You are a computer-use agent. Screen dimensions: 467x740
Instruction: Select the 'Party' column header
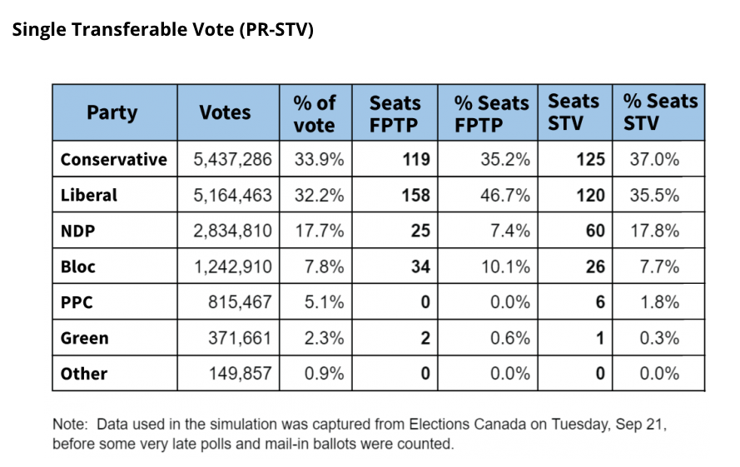click(x=112, y=112)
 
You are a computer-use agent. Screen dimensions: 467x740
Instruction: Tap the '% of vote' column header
click(x=315, y=113)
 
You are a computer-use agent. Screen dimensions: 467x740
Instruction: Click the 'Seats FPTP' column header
click(x=395, y=113)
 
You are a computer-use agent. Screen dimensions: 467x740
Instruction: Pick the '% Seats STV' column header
click(x=660, y=112)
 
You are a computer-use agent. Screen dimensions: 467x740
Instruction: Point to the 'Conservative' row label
click(x=114, y=160)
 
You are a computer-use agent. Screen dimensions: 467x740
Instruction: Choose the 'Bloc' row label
click(x=78, y=267)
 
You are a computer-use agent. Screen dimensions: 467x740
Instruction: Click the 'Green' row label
click(x=85, y=339)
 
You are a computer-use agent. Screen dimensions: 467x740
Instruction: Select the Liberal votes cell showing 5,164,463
click(x=232, y=196)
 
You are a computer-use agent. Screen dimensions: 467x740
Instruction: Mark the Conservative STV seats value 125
click(x=589, y=160)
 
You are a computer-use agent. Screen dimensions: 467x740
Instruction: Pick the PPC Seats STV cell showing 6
click(x=599, y=303)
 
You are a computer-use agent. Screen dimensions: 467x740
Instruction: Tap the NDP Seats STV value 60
click(x=594, y=231)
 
